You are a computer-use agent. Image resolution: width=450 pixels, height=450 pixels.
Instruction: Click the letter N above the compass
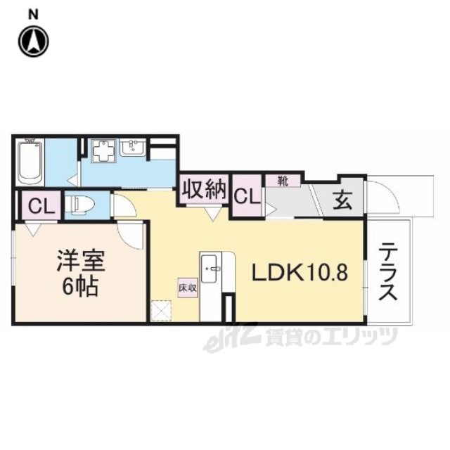coord(33,15)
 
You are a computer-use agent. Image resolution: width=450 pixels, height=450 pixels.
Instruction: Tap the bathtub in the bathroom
coord(30,162)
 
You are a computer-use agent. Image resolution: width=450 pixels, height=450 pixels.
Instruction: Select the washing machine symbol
coord(104,150)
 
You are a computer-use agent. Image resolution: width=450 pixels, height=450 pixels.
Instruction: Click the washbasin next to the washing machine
coord(133,148)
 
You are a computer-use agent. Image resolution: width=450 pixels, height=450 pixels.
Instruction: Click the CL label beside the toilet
coord(41,206)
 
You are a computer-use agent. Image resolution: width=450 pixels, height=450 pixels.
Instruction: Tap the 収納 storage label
coord(205,189)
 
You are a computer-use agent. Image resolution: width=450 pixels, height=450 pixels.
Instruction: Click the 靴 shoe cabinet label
coord(283,181)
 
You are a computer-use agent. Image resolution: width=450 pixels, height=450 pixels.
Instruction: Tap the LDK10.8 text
coord(300,272)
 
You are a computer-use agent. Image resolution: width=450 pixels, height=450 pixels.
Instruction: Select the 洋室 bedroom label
coord(81,261)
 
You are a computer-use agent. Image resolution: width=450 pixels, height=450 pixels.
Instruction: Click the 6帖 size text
coord(81,286)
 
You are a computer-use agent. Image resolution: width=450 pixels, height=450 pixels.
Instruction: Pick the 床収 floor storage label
coord(188,288)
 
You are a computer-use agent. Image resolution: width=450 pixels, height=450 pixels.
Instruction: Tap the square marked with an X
coord(161,310)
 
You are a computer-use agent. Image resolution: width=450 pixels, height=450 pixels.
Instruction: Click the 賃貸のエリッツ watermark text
coord(332,337)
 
